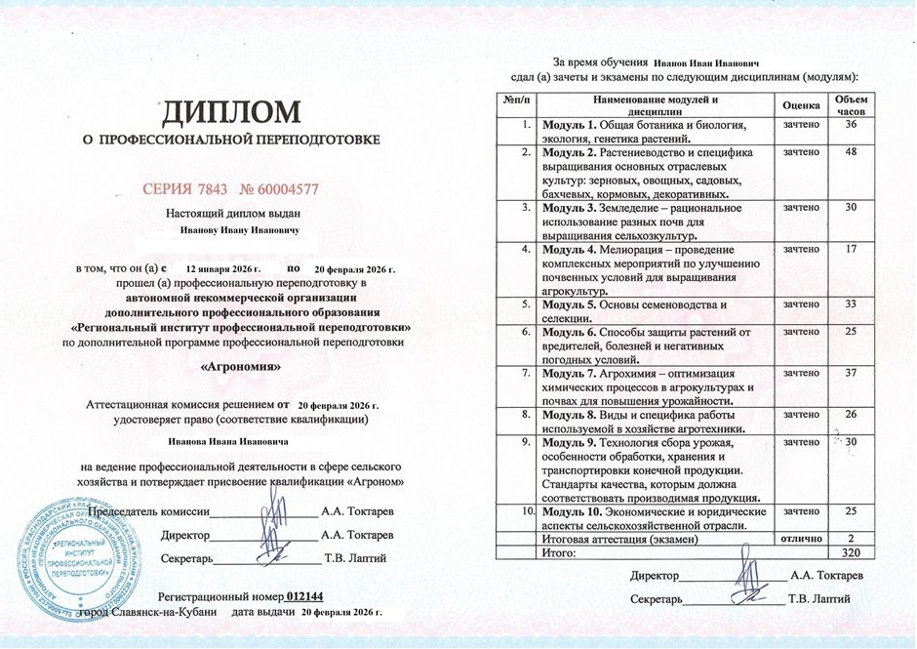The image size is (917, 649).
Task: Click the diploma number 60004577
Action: click(290, 188)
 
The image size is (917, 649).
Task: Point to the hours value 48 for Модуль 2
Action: click(851, 152)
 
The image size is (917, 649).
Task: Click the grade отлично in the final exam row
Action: click(801, 539)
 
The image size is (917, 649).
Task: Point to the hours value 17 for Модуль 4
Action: click(851, 249)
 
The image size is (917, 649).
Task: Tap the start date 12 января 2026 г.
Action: click(223, 266)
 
